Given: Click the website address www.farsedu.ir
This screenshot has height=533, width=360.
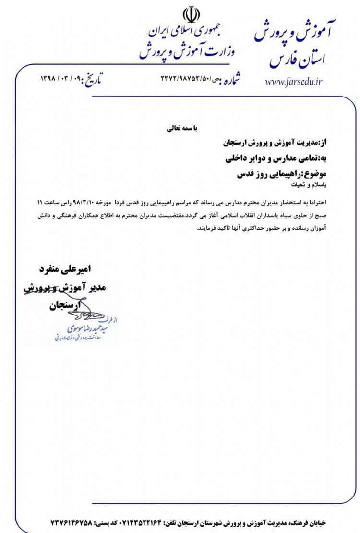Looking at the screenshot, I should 293,82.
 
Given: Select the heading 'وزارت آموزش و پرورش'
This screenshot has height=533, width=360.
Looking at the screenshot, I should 188,51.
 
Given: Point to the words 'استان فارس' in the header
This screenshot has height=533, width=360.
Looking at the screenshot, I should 297,60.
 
